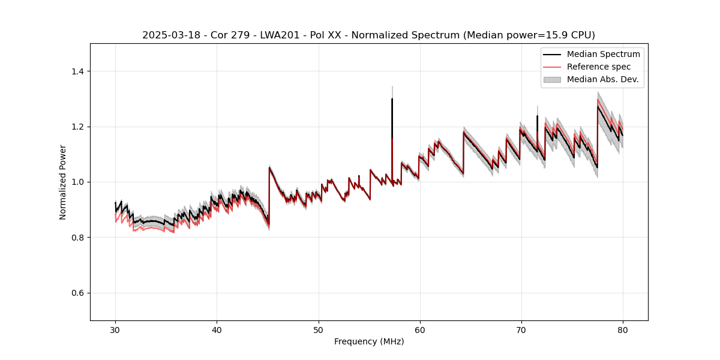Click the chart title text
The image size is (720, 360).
(x=368, y=35)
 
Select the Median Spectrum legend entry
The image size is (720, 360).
(x=603, y=54)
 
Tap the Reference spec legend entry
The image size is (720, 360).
(x=598, y=67)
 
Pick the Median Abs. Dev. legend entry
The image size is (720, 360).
(x=602, y=79)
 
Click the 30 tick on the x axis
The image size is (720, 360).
(x=115, y=330)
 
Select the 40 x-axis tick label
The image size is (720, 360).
(x=217, y=330)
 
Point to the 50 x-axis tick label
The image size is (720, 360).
(x=318, y=330)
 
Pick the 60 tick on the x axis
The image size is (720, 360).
(x=419, y=330)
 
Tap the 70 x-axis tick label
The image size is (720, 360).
(x=521, y=330)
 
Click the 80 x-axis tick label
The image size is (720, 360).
(x=622, y=330)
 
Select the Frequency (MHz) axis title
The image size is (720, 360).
(x=368, y=342)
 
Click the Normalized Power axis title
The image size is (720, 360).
(x=63, y=182)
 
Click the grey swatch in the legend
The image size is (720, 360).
(x=551, y=79)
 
